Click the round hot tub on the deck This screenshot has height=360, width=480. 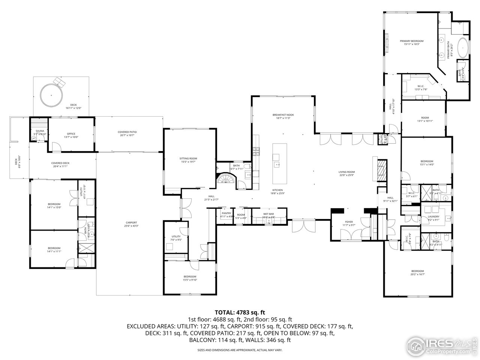click(51, 94)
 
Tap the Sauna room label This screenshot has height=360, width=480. click(40, 131)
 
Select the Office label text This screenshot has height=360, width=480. click(71, 134)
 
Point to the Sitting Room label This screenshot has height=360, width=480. click(188, 159)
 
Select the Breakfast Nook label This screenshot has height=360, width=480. click(283, 114)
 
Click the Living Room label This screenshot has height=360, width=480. click(346, 172)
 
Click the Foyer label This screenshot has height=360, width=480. click(348, 222)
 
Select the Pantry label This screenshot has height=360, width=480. click(226, 213)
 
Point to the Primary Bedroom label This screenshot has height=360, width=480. click(411, 41)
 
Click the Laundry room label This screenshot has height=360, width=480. click(433, 216)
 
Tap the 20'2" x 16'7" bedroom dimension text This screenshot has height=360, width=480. click(417, 274)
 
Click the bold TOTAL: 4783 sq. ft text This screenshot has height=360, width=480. click(240, 312)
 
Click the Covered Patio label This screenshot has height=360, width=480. click(127, 132)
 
